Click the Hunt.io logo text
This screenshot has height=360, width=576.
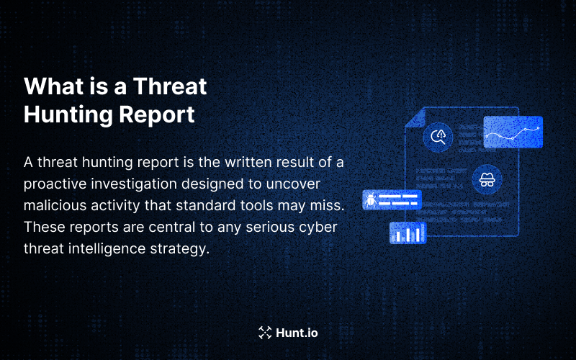[297, 333]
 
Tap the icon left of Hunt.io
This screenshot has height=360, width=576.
[265, 333]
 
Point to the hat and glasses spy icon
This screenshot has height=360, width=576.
[487, 179]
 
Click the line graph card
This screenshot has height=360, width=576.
[513, 132]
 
